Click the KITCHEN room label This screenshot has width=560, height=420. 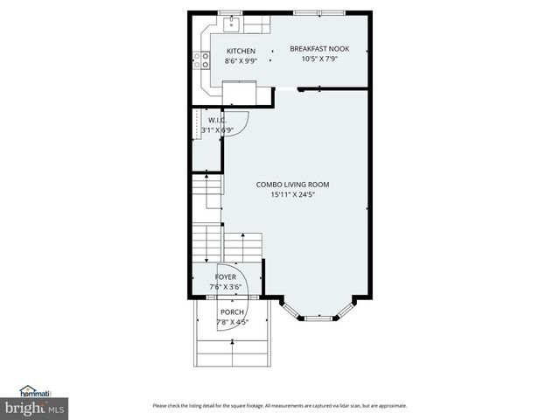coord(241,51)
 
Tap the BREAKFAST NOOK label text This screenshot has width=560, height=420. coord(319,49)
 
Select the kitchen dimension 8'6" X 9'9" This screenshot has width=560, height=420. coord(241,61)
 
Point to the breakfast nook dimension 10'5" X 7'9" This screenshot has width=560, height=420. coord(319,59)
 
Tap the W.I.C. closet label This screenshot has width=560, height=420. coord(218,120)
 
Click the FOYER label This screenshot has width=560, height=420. coord(226,276)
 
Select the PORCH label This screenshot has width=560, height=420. coord(232,312)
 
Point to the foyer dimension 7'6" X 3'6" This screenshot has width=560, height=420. coord(226,286)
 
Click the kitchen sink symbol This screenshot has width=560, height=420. coord(234,24)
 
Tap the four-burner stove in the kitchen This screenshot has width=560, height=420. coord(202,59)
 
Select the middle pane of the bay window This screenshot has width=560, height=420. coord(318,318)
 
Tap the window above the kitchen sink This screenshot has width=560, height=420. coord(233,12)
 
